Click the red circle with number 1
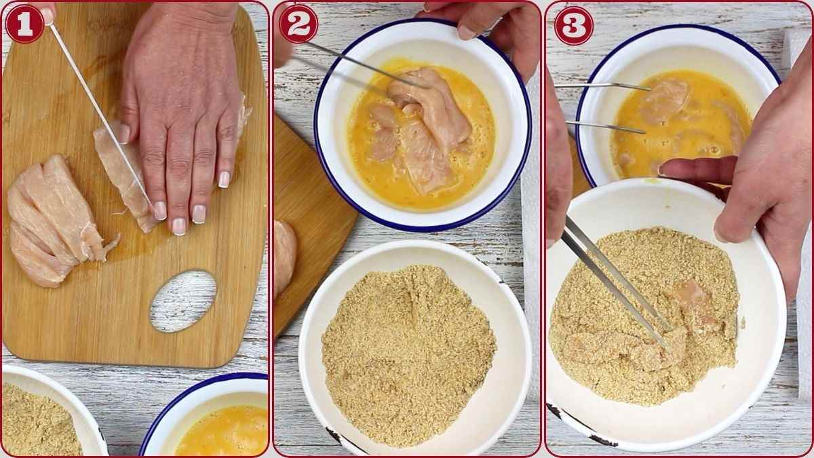(x=24, y=24)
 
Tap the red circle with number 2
(x=298, y=24)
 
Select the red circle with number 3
(x=573, y=25)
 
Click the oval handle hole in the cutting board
(x=182, y=301)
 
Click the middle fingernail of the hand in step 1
(x=179, y=226)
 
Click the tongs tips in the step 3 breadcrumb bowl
(x=661, y=332)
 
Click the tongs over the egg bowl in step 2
(x=353, y=64)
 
